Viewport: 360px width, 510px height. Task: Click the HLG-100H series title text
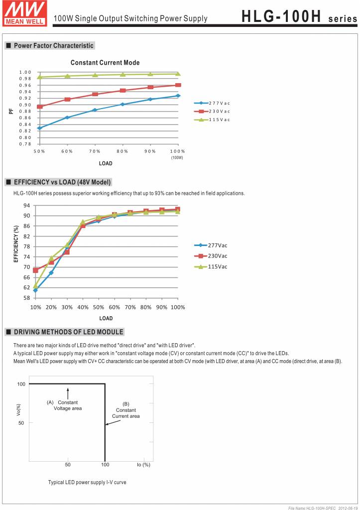299,18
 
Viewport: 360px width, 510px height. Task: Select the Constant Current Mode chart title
105,63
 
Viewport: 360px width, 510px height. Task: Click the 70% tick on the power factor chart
95,151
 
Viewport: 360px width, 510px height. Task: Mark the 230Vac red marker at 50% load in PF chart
40,107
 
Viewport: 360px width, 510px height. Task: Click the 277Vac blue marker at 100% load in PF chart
178,96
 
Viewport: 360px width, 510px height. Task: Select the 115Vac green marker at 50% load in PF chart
40,77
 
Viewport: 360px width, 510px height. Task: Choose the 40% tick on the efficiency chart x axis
83,307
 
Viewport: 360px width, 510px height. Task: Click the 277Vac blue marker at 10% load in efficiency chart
35,290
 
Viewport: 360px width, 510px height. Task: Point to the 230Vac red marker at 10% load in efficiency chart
35,270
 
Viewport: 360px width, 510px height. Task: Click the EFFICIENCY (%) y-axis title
16,244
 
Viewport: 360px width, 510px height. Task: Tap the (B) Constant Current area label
125,410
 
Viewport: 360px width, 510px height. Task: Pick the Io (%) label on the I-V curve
143,465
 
